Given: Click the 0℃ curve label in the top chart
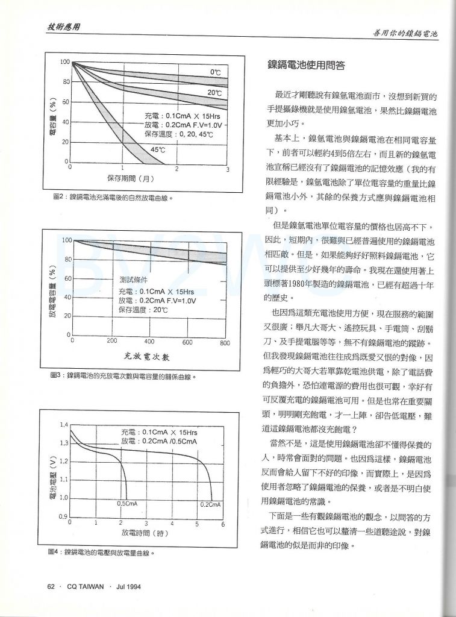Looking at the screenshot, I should click(x=215, y=72).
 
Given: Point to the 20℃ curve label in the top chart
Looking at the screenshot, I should click(x=214, y=93).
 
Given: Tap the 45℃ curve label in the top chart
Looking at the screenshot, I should click(x=158, y=149).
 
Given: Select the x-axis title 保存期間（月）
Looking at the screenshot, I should click(x=131, y=178).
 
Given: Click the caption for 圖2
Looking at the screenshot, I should click(x=113, y=197).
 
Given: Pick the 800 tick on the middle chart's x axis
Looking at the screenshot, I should click(x=225, y=342).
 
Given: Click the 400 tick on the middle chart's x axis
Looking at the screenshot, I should click(x=149, y=342).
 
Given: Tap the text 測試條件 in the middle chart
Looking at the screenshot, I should click(x=133, y=280).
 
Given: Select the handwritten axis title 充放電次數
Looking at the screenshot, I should click(x=149, y=356).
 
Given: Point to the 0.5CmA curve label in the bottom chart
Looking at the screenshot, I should click(x=126, y=503).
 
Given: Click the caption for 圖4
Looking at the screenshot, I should click(x=102, y=552).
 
